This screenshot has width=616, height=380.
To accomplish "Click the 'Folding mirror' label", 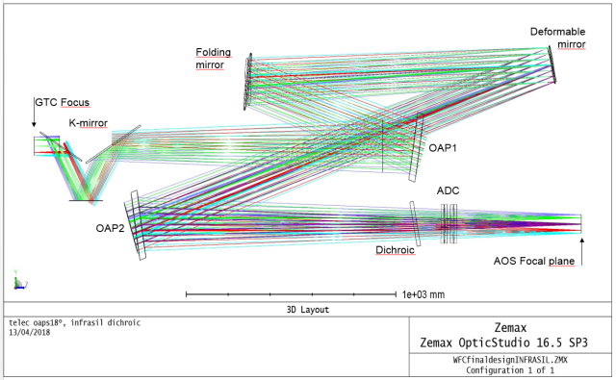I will coord(211,57).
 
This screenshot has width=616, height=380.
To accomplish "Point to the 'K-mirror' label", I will coord(89,123).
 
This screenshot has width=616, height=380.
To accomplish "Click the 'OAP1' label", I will coord(442,147).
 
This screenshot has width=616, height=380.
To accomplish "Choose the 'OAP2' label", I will coord(109,228).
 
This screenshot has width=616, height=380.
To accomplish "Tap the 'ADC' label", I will coord(449,191).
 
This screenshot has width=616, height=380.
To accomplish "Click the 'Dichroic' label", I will coord(394,249).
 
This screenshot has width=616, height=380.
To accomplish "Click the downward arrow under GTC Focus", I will coord(35,119).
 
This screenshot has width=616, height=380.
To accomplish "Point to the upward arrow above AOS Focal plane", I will coord(581,243).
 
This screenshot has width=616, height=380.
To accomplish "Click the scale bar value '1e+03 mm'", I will coord(424,293).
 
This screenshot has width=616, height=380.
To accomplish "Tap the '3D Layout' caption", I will coord(308,310).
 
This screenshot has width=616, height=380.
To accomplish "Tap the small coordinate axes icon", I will coord(16,282).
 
